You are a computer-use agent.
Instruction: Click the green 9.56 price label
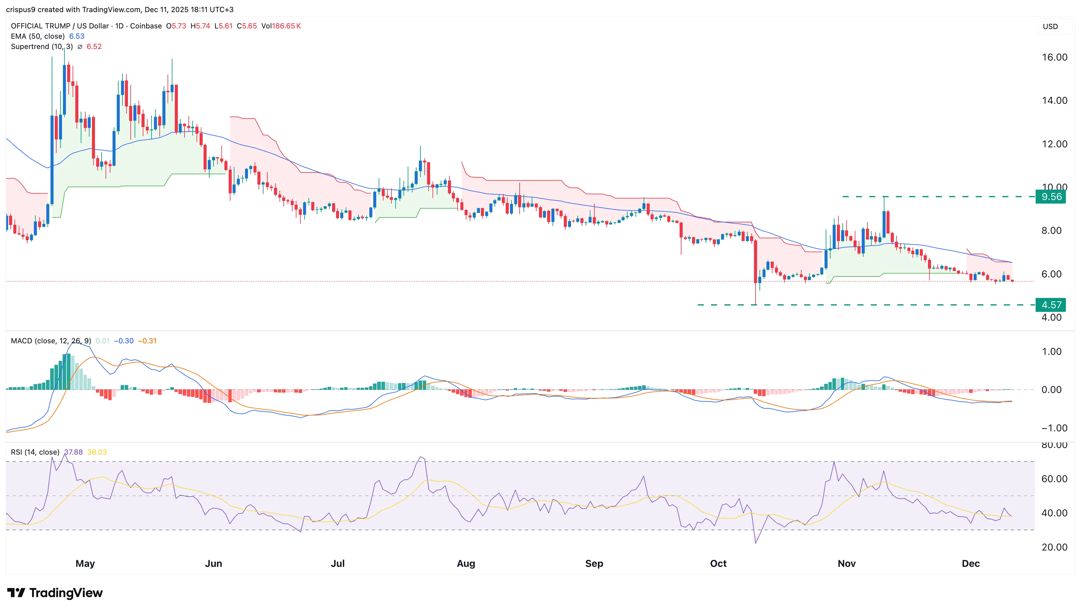pyautogui.click(x=1050, y=197)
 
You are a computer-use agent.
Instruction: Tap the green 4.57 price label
pyautogui.click(x=1050, y=305)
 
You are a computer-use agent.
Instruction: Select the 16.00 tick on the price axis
pyautogui.click(x=1054, y=57)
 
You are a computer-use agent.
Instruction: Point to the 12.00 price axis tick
pyautogui.click(x=1054, y=144)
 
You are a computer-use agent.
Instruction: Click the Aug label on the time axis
pyautogui.click(x=466, y=564)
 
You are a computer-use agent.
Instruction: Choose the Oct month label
pyautogui.click(x=718, y=564)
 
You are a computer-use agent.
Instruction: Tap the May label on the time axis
pyautogui.click(x=85, y=564)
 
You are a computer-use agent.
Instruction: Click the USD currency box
pyautogui.click(x=1050, y=26)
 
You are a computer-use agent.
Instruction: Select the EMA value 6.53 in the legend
pyautogui.click(x=77, y=36)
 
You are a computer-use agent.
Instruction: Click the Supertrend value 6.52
pyautogui.click(x=94, y=47)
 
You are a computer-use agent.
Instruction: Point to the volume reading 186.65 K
pyautogui.click(x=286, y=26)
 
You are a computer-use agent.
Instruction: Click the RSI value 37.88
pyautogui.click(x=73, y=452)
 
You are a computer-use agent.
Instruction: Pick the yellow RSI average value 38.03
pyautogui.click(x=97, y=452)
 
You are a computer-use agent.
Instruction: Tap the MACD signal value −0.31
pyautogui.click(x=147, y=341)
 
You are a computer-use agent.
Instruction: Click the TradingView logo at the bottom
pyautogui.click(x=55, y=593)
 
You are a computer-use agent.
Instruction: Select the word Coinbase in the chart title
pyautogui.click(x=145, y=26)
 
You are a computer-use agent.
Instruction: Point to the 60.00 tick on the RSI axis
pyautogui.click(x=1054, y=479)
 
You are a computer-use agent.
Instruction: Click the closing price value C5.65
pyautogui.click(x=247, y=26)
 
